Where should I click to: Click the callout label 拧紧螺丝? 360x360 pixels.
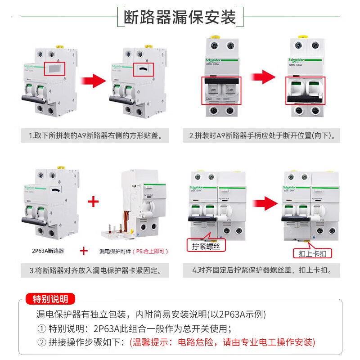coord(206,246)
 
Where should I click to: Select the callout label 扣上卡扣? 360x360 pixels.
coord(312,254)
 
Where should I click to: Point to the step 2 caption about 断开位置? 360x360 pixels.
coord(265,135)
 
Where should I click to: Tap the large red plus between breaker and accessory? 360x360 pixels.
coord(93,201)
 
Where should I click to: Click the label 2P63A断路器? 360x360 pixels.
coord(48,251)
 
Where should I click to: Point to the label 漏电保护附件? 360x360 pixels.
coord(115,251)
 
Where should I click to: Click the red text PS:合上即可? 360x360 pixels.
coord(151,251)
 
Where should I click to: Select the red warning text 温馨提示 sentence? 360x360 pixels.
coord(222,342)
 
